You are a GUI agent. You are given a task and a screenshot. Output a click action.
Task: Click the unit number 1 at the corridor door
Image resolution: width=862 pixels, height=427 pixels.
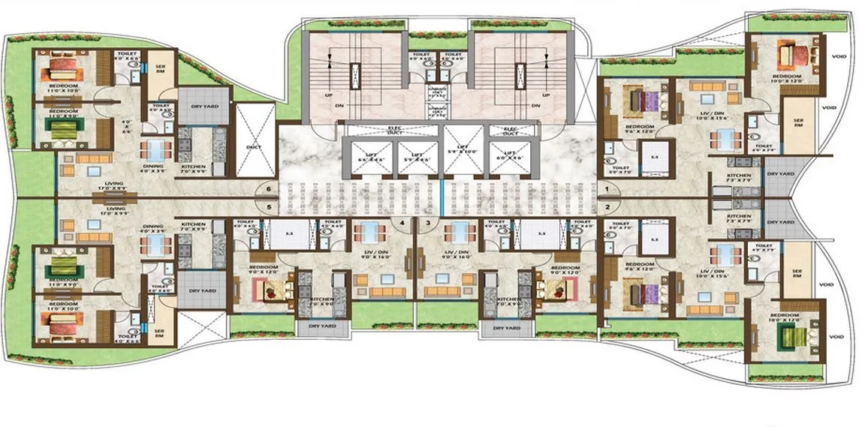coord(606,189)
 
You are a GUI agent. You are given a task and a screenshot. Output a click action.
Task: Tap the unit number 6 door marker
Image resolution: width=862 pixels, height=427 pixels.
coord(268,190)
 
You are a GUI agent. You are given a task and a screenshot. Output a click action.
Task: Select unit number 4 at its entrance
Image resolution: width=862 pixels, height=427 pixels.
coord(402,222)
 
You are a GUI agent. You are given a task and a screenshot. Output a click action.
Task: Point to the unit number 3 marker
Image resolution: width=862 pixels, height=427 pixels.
coord(428,222)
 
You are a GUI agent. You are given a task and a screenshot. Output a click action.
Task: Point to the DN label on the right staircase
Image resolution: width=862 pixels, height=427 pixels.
coord(535,106)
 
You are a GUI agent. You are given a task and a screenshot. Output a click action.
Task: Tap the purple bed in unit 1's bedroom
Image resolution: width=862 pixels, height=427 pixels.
coord(640,101)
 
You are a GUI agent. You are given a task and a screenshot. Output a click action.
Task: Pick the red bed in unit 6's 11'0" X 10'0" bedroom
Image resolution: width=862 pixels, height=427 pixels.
coord(59,71)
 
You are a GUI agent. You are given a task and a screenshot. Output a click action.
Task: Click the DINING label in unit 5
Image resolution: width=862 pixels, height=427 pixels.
coord(153,225)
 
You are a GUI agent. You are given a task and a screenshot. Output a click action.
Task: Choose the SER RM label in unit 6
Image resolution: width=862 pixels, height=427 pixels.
coord(158,68)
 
